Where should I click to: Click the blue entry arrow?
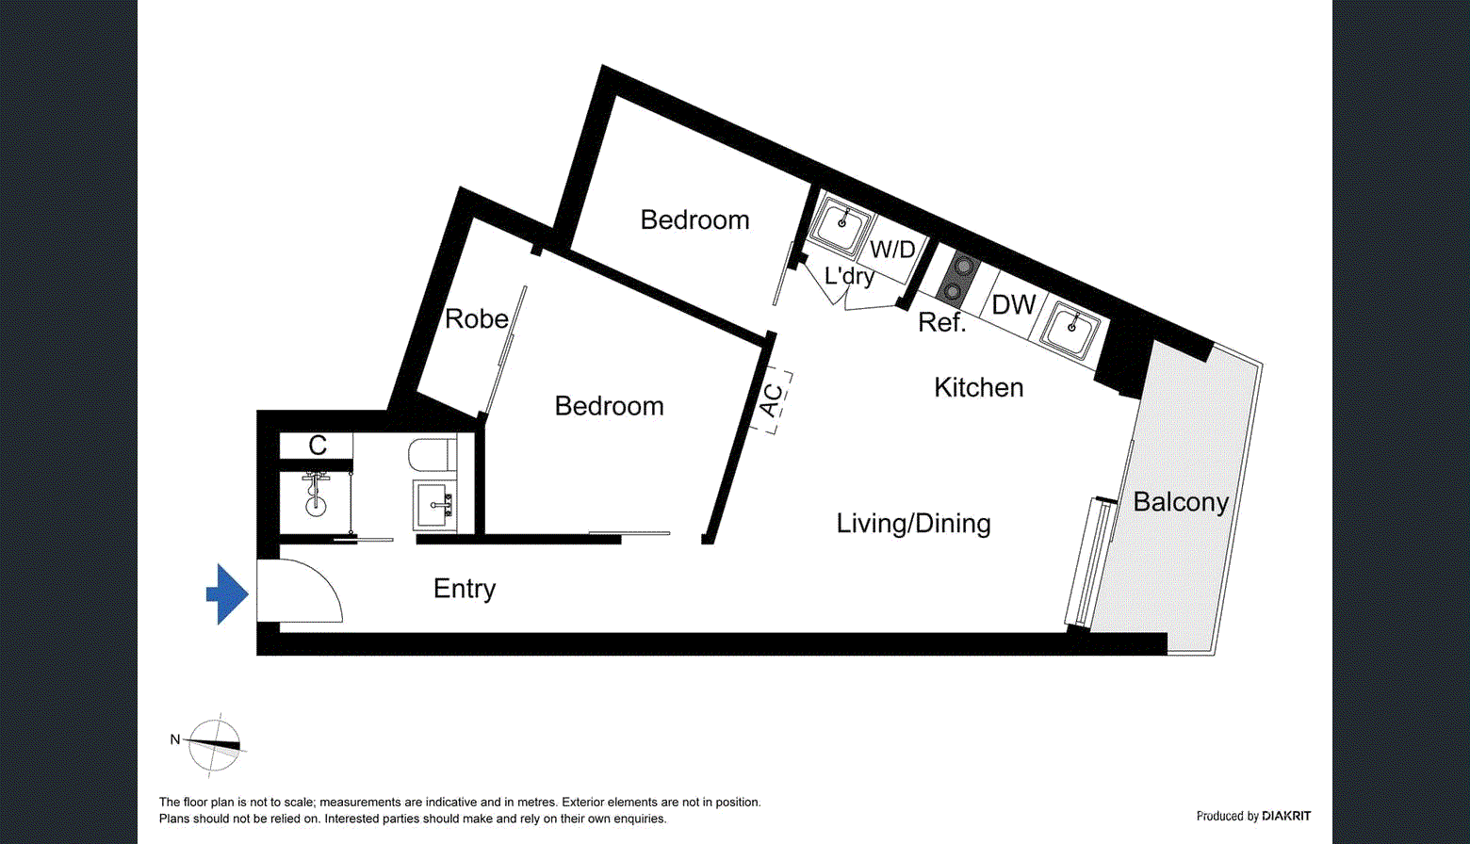(227, 594)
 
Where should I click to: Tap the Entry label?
(465, 589)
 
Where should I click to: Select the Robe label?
(476, 319)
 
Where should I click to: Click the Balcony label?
(1180, 502)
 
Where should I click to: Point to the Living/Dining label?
(913, 524)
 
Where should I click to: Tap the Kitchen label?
(978, 387)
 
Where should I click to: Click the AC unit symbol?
(772, 400)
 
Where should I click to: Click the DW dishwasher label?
(1013, 305)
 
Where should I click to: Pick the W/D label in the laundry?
(891, 250)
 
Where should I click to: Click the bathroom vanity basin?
(433, 505)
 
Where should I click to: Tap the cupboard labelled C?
(318, 446)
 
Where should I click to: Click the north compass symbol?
(214, 744)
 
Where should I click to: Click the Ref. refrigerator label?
(941, 323)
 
